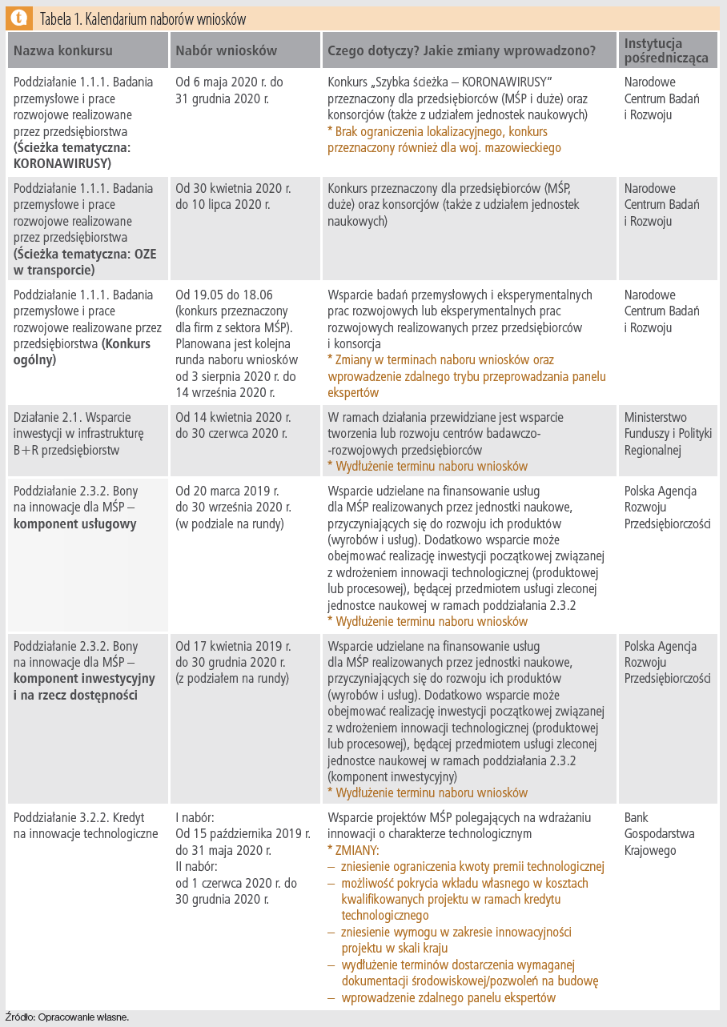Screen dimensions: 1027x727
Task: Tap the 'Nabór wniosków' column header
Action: [226, 50]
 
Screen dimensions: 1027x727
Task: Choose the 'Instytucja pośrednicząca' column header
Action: [653, 50]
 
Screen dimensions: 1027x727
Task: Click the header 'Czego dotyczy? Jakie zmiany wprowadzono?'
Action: [461, 50]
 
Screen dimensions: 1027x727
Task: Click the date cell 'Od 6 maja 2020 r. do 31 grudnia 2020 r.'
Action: [229, 90]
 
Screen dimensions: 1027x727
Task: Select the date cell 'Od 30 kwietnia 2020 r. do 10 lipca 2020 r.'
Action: [233, 196]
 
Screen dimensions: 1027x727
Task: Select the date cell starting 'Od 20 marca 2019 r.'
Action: [233, 507]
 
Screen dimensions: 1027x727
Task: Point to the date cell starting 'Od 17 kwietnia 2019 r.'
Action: [233, 662]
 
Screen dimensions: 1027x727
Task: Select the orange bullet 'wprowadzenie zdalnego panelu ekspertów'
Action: [448, 997]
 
